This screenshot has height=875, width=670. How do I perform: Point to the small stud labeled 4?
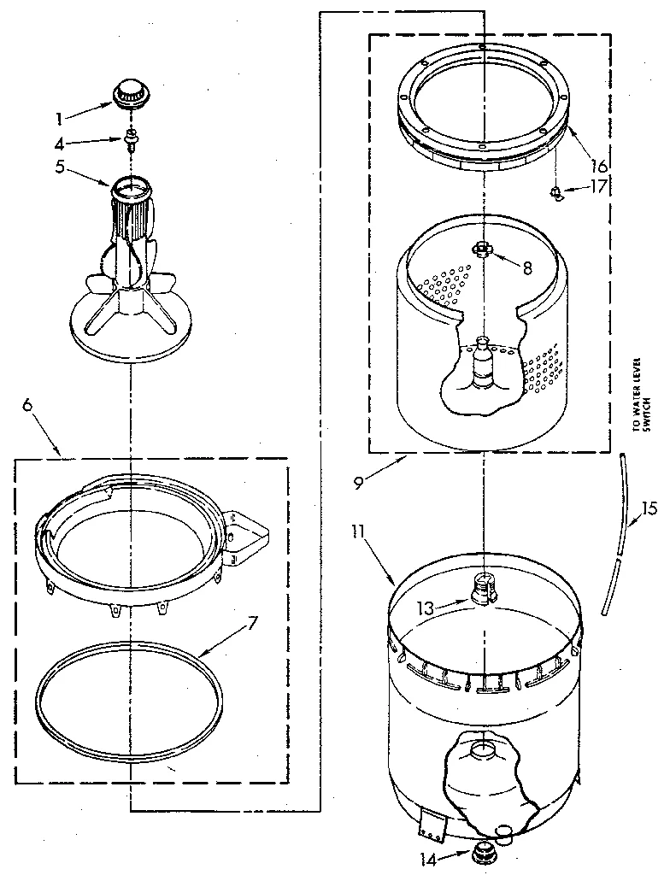(132, 138)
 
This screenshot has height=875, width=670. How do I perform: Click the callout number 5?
(84, 167)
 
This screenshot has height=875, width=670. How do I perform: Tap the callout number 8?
(527, 267)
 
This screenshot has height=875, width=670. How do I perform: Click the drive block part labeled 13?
(483, 588)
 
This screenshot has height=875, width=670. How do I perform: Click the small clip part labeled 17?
(556, 192)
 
